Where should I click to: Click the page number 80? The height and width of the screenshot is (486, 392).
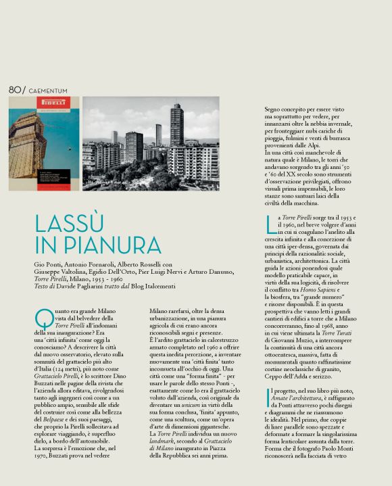tap(14, 90)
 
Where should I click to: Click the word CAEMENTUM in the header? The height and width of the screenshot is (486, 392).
tap(48, 91)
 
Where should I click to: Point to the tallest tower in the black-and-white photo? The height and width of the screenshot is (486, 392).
tap(176, 125)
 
